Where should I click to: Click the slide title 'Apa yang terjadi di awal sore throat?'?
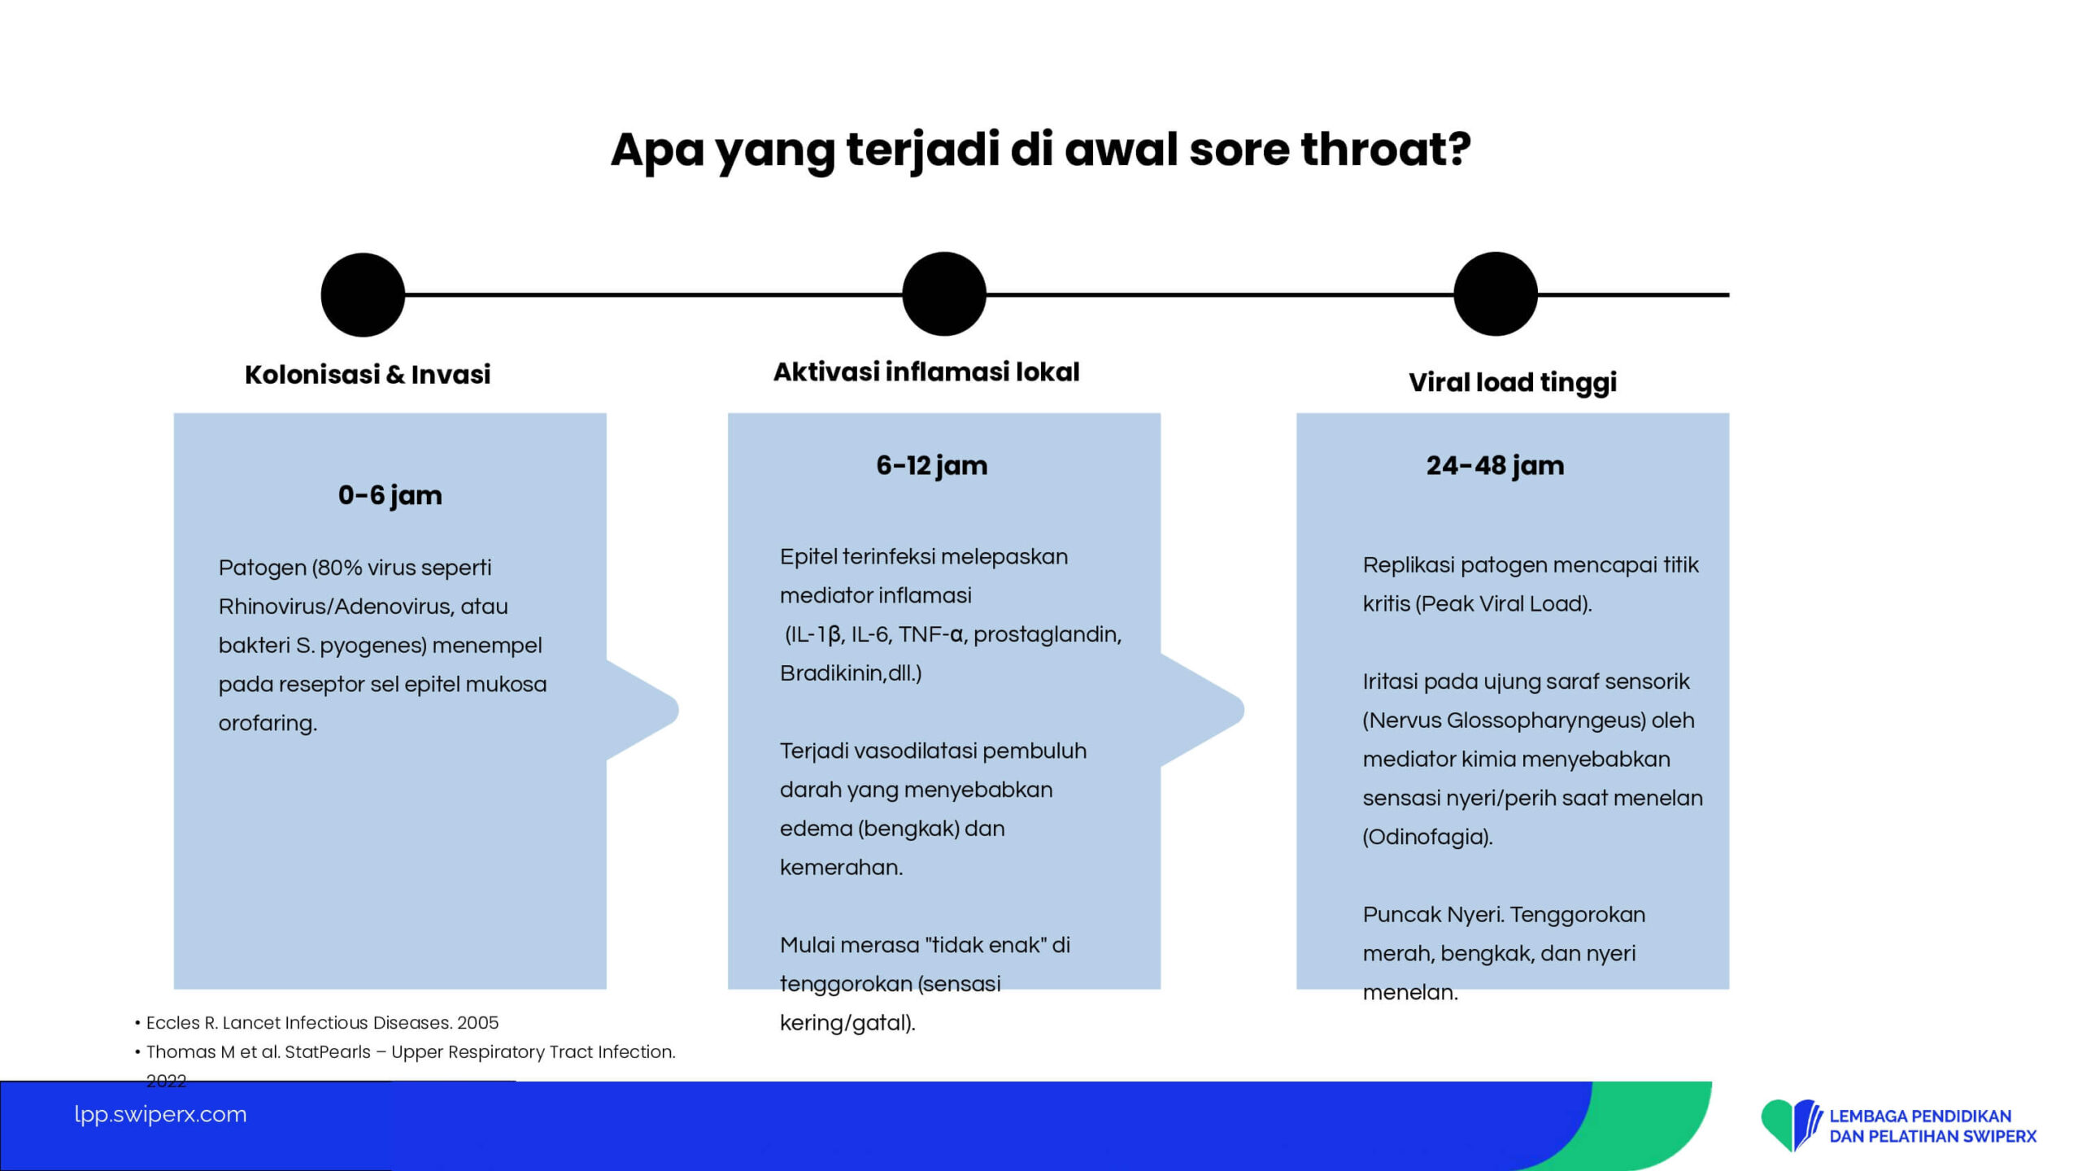[x=1041, y=150]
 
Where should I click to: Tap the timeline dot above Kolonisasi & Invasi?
[x=363, y=294]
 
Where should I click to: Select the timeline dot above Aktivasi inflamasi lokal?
[x=944, y=294]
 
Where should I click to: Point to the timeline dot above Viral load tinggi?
[x=1496, y=294]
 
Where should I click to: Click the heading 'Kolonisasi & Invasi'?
[x=368, y=374]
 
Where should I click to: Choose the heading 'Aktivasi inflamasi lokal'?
[x=926, y=372]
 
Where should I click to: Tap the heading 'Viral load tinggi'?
[x=1513, y=382]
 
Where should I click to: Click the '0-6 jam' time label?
[x=390, y=495]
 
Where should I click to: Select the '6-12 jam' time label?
[x=932, y=465]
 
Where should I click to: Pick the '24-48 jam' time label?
[x=1495, y=465]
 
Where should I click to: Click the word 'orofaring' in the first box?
[x=265, y=723]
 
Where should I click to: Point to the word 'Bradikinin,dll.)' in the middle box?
[x=851, y=673]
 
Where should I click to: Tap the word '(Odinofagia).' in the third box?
[x=1428, y=837]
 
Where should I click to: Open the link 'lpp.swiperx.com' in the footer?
[x=160, y=1114]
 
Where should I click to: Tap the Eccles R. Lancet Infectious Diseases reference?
[x=322, y=1023]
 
